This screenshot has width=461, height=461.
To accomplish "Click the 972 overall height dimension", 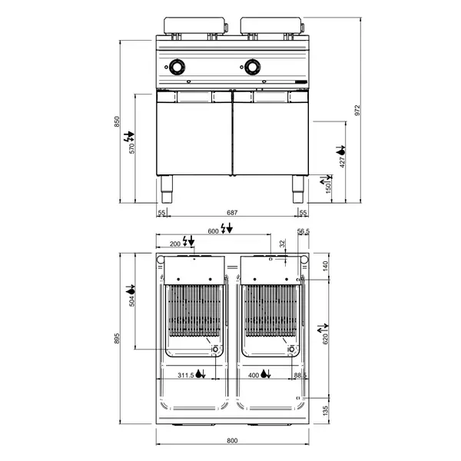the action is (357, 110).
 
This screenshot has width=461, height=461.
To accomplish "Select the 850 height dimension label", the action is (117, 121).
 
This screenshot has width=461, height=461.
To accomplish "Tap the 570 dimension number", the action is (132, 148).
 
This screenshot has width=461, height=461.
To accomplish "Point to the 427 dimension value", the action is (342, 162).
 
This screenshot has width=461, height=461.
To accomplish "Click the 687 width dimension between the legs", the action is (232, 212).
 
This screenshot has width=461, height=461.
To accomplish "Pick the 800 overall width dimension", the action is (232, 440).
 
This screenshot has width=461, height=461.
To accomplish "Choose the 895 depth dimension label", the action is (117, 338).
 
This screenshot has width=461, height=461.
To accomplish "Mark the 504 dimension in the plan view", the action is (131, 301).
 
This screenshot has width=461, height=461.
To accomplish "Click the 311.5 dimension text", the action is (186, 375).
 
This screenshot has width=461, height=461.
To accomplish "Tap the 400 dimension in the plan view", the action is (254, 375).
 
